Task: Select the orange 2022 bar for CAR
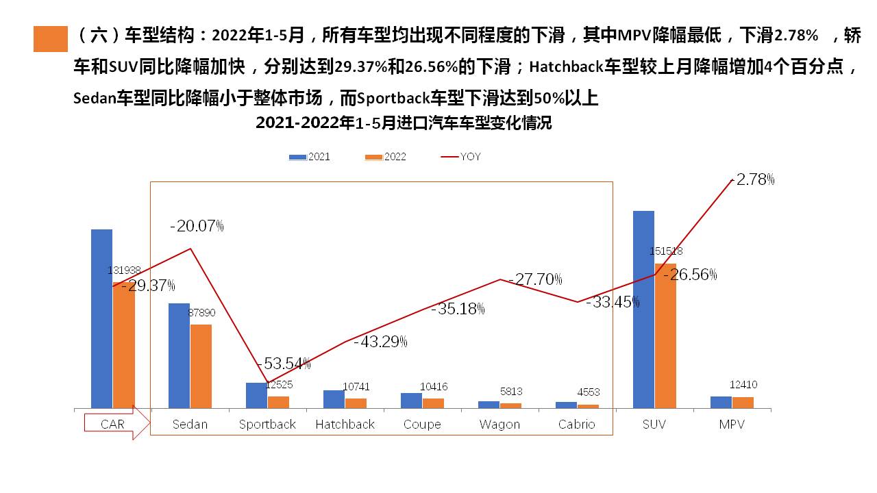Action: pyautogui.click(x=124, y=345)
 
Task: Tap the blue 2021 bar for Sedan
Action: pyautogui.click(x=179, y=356)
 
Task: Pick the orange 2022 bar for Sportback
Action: pyautogui.click(x=278, y=402)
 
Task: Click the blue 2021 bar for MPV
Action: pyautogui.click(x=721, y=402)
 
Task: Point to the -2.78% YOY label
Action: pyautogui.click(x=754, y=180)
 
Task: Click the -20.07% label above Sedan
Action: pyautogui.click(x=197, y=226)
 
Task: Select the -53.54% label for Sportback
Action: pyautogui.click(x=284, y=363)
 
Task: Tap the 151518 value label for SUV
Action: pyautogui.click(x=666, y=251)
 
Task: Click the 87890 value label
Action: pyautogui.click(x=201, y=312)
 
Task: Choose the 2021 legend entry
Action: pyautogui.click(x=310, y=157)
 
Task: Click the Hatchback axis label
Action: pyautogui.click(x=345, y=425)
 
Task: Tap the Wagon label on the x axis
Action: pyautogui.click(x=499, y=425)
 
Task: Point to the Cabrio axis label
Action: pyautogui.click(x=577, y=425)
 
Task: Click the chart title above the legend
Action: pyautogui.click(x=404, y=124)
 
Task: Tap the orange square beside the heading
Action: pyautogui.click(x=51, y=39)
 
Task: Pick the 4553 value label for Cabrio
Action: pyautogui.click(x=589, y=392)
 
